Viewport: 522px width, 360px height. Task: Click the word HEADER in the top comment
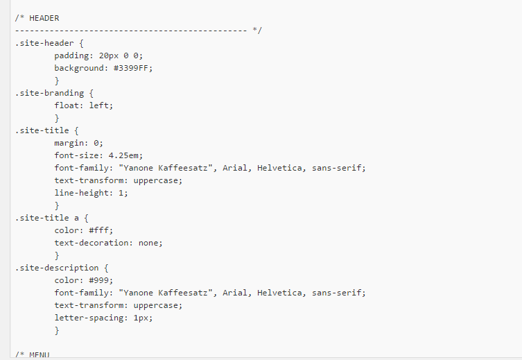[44, 17]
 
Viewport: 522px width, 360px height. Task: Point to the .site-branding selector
[49, 93]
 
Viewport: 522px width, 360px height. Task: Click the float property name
[68, 105]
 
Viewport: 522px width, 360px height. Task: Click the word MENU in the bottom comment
[39, 355]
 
